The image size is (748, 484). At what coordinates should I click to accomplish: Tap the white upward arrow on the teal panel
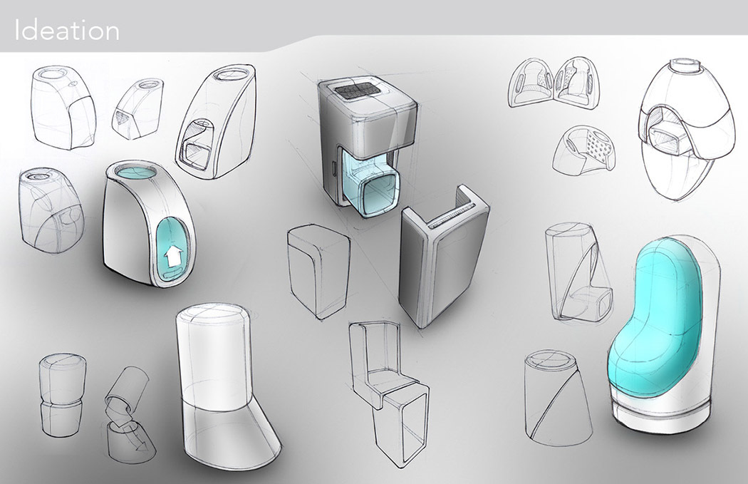(170, 259)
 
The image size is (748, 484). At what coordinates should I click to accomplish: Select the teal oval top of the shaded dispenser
(133, 174)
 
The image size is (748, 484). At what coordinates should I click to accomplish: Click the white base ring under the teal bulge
(662, 416)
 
